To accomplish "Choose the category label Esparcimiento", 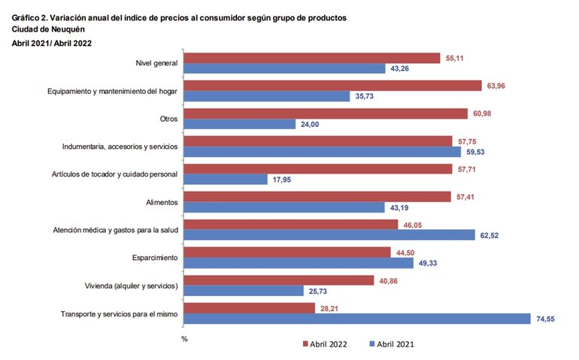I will [x=153, y=258].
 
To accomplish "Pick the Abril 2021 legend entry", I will [x=390, y=344].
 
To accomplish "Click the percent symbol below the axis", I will [x=183, y=339].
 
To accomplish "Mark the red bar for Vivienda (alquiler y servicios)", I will [x=279, y=280].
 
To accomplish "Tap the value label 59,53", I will [x=477, y=151].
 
